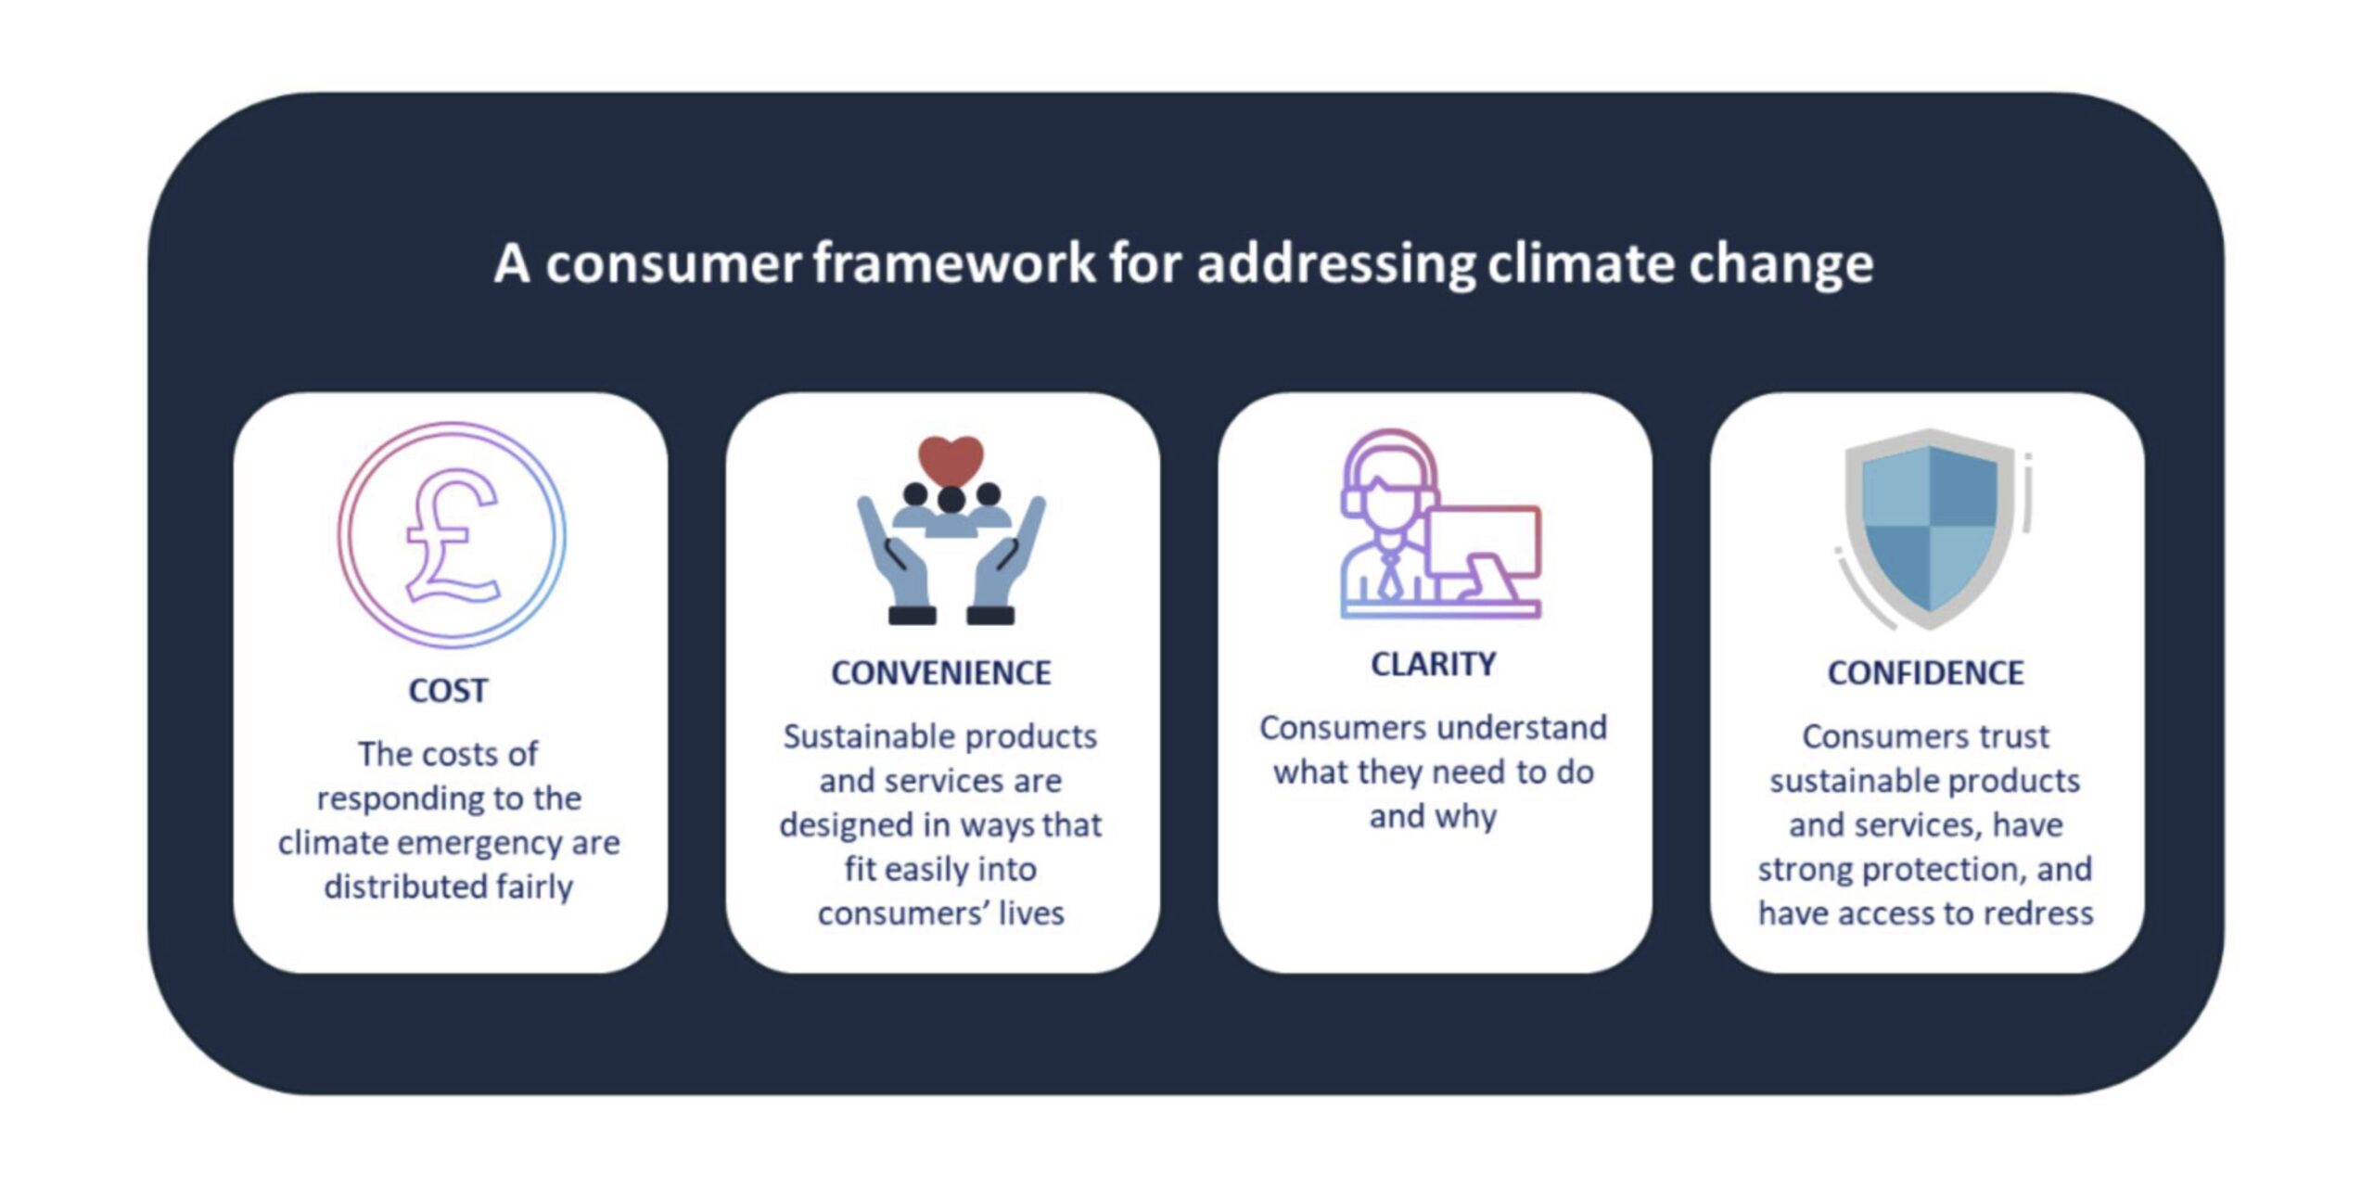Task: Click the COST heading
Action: [x=448, y=691]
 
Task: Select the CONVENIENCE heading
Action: [x=940, y=673]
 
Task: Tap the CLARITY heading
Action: [x=1433, y=664]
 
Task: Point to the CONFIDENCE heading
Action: [x=1925, y=673]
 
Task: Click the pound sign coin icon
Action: [x=452, y=535]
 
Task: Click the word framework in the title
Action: [x=955, y=263]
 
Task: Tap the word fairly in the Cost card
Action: [x=534, y=887]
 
